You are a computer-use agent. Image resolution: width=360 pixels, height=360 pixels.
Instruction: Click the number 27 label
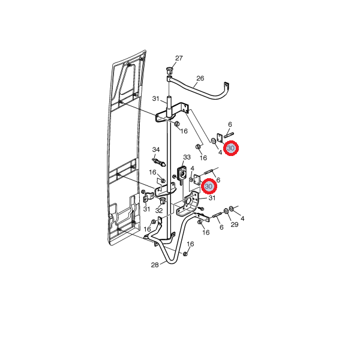[x=179, y=58]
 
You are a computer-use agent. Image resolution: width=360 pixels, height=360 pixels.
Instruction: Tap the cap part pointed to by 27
[x=169, y=70]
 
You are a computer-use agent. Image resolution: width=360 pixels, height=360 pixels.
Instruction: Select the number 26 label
[x=200, y=79]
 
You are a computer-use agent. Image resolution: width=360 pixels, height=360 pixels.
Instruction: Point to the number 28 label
[x=155, y=265]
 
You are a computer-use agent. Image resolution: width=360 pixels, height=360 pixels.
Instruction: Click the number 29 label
[x=235, y=224]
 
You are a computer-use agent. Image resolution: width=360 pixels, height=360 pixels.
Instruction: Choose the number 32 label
[x=159, y=211]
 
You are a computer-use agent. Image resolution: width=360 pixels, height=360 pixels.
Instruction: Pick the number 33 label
[x=187, y=157]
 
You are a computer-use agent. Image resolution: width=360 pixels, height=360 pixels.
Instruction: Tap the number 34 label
[x=156, y=149]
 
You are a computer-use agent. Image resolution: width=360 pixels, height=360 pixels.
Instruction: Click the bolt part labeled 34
[x=158, y=162]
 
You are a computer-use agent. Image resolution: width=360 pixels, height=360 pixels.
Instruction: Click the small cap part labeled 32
[x=163, y=201]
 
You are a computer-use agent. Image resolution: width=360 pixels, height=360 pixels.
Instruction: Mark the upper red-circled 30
[x=231, y=148]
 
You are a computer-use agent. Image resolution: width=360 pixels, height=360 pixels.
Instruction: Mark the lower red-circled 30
[x=209, y=186]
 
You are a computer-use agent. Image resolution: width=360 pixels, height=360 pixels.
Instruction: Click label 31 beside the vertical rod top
[x=155, y=99]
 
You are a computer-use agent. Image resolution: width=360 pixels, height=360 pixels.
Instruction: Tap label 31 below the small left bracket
[x=146, y=209]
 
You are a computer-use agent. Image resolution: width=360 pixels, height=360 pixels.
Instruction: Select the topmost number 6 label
[x=230, y=124]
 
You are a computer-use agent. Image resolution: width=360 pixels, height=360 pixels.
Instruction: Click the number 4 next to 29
[x=242, y=218]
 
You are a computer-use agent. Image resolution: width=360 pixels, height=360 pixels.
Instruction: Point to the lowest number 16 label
[x=190, y=244]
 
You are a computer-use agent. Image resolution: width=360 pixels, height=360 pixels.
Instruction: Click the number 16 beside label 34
[x=152, y=172]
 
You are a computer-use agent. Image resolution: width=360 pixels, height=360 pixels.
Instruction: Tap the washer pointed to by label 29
[x=226, y=211]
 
